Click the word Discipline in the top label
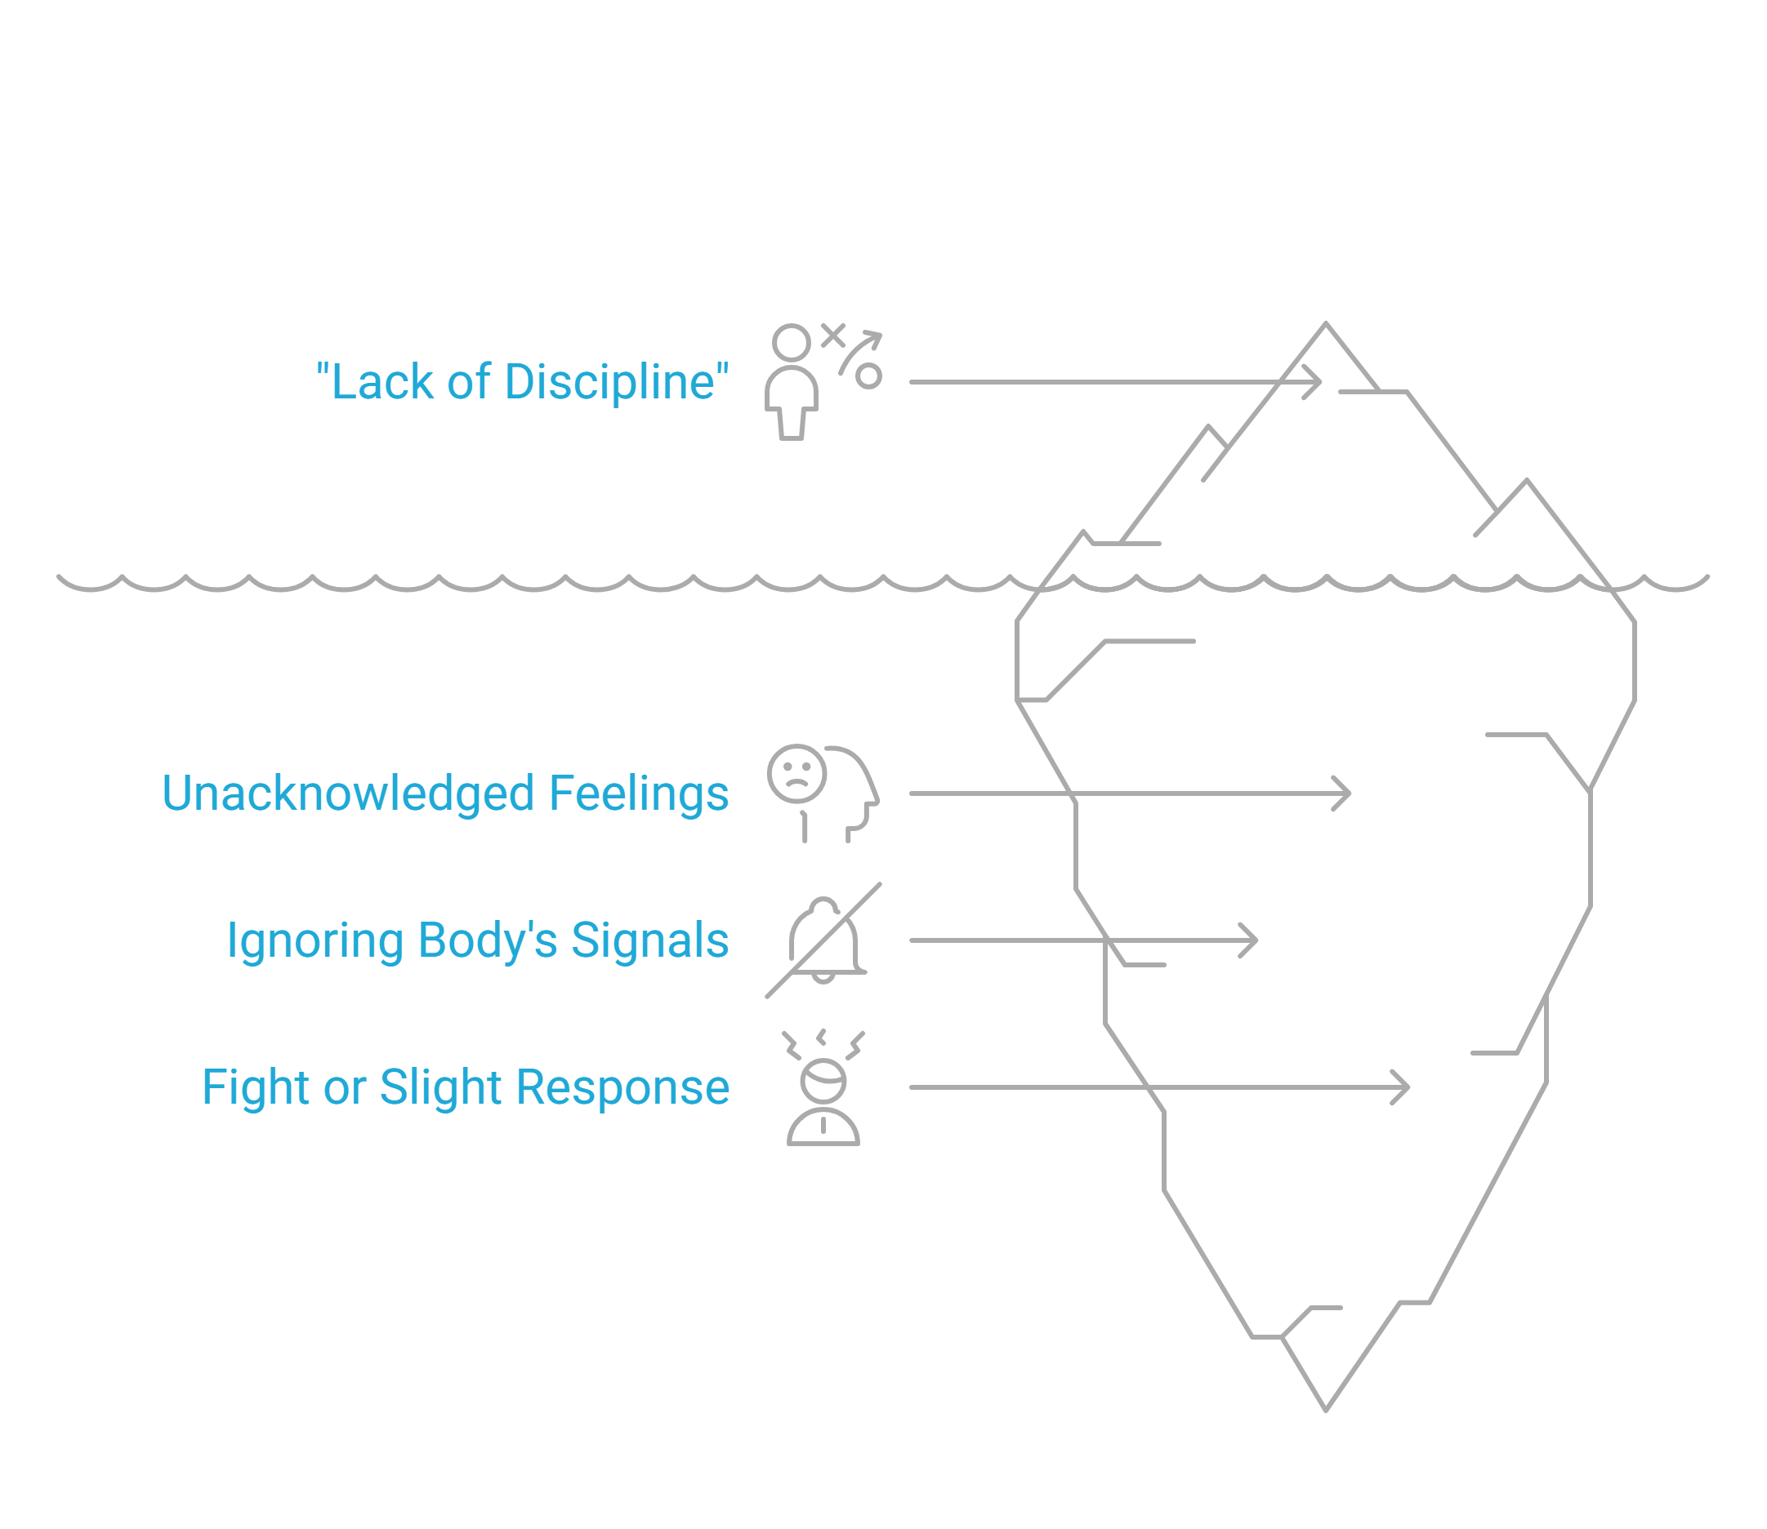tap(609, 382)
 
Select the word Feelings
tap(639, 793)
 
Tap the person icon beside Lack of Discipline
tap(792, 381)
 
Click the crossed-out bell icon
tap(823, 940)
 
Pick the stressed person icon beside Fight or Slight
tap(823, 1088)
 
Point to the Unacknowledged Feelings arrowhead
tap(1345, 793)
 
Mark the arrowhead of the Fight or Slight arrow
tap(1403, 1087)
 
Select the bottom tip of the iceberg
tap(1326, 1410)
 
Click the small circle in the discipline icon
tap(868, 376)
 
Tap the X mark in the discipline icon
tap(833, 336)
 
